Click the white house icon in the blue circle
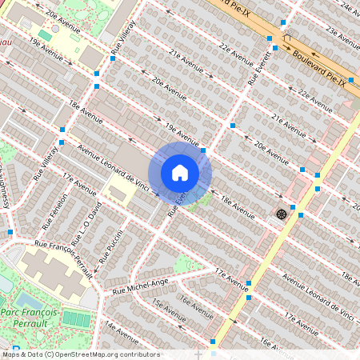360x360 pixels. (x=180, y=173)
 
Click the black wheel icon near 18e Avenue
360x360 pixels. (x=281, y=214)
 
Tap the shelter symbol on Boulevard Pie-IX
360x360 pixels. (x=286, y=38)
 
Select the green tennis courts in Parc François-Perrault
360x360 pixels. (x=76, y=318)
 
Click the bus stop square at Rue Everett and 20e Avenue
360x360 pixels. (x=232, y=126)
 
